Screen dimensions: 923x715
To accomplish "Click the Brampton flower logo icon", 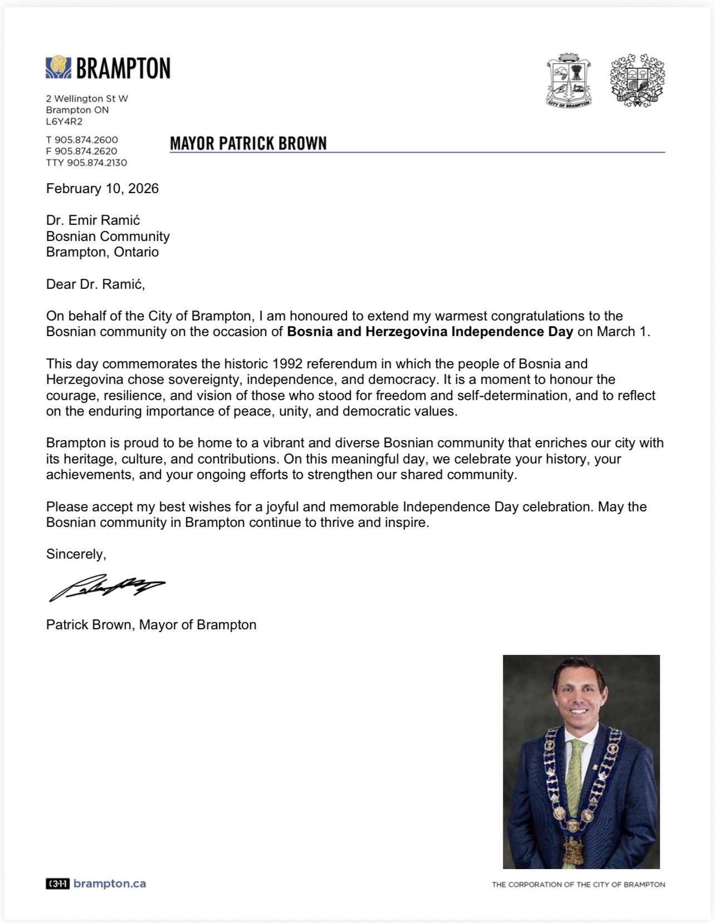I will [x=58, y=68].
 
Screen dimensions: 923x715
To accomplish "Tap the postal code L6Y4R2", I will [x=64, y=121].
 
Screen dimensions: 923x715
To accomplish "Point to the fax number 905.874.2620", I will [x=86, y=151].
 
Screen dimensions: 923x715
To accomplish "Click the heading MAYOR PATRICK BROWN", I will [x=248, y=144].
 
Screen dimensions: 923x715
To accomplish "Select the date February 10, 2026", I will [x=102, y=189].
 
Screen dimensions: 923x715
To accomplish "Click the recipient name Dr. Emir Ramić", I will [x=93, y=220].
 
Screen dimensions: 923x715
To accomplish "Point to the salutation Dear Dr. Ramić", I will [x=95, y=284].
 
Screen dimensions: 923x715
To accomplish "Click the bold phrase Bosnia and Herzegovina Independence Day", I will [x=430, y=332].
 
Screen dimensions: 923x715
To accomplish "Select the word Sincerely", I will [x=76, y=554].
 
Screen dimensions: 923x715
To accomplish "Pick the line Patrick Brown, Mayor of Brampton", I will [x=151, y=625].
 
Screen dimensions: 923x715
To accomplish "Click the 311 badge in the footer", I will [x=57, y=883].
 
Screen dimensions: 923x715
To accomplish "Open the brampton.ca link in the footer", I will [x=110, y=883].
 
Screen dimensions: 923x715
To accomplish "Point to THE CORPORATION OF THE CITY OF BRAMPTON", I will [x=578, y=885].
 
